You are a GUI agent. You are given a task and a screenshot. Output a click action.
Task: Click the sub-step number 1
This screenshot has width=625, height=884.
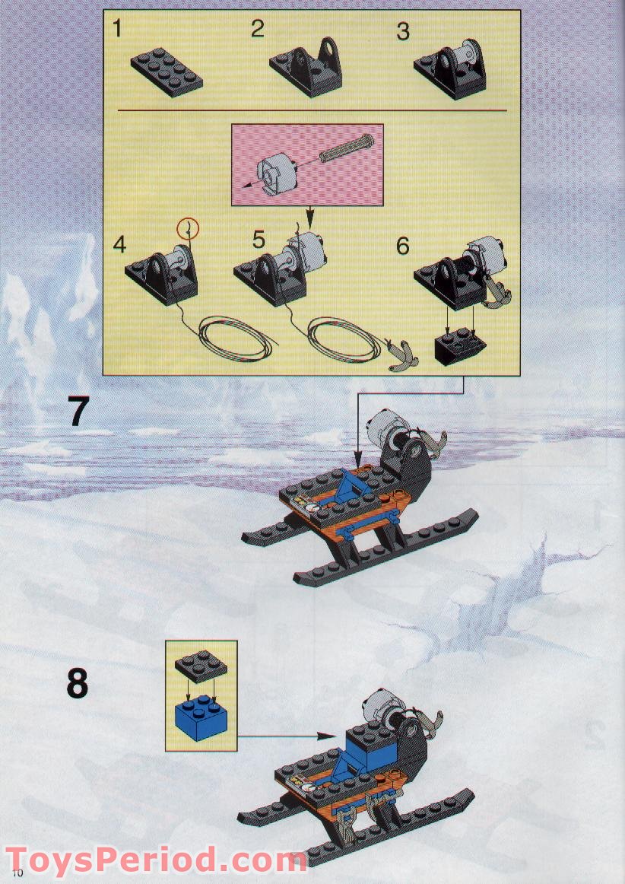click(116, 28)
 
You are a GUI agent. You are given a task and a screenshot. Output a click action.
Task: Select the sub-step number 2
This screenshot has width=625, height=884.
click(258, 29)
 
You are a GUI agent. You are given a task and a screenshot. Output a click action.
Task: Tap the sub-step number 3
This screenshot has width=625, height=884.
click(402, 31)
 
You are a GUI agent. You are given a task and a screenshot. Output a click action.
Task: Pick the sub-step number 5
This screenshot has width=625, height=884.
click(258, 240)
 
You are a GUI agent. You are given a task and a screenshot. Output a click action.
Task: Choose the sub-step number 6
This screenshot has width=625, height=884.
click(402, 246)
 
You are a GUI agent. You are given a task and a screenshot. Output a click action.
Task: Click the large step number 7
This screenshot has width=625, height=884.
click(78, 411)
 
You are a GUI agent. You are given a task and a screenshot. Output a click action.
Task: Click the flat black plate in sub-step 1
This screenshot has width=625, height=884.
click(167, 72)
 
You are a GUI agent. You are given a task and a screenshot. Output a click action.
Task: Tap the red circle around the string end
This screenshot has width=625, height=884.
click(188, 228)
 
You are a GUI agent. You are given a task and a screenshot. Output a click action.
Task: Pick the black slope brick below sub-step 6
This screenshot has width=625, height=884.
click(461, 346)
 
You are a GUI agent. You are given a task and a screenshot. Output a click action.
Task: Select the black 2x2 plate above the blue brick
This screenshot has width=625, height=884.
click(201, 666)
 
